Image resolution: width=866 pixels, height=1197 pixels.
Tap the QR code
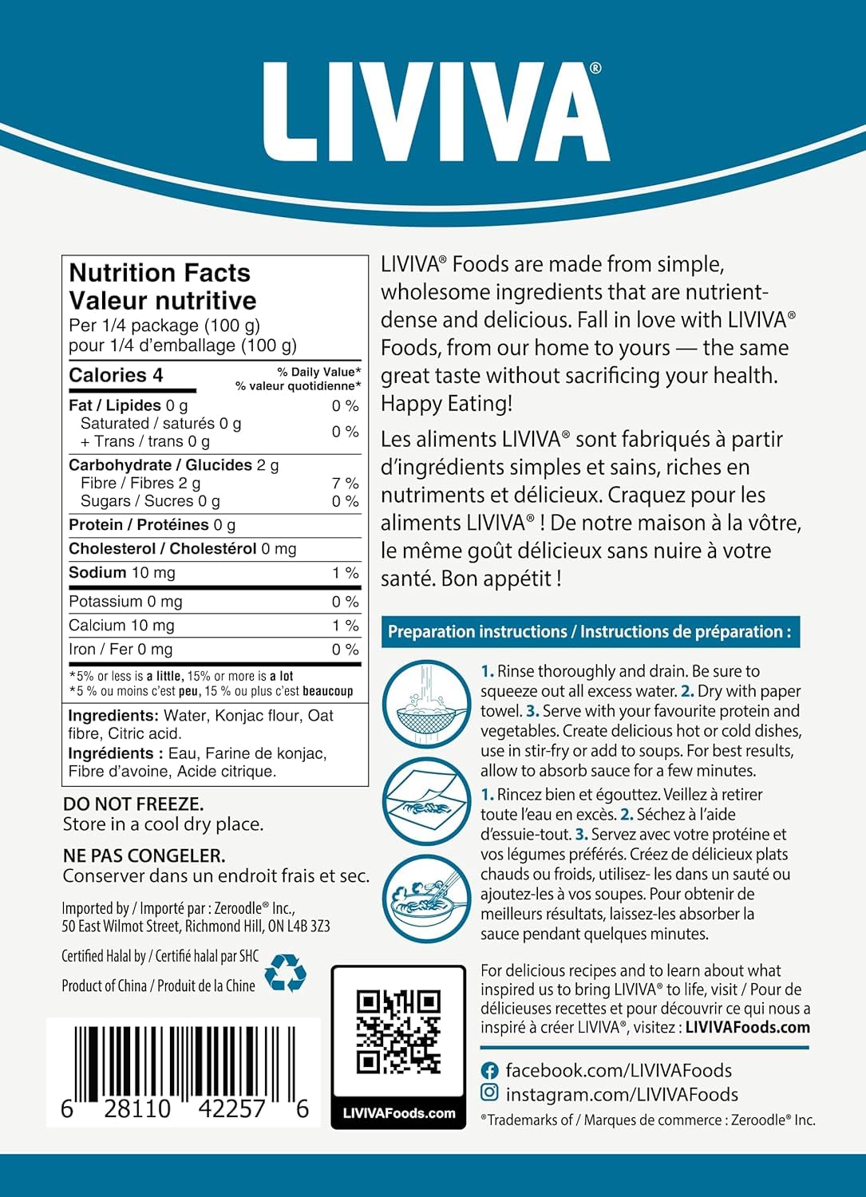pos(398,1032)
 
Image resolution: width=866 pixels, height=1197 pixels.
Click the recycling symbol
pos(285,973)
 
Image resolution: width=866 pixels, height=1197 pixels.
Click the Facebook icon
pos(490,1071)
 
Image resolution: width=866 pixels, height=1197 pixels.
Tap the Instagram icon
pos(490,1093)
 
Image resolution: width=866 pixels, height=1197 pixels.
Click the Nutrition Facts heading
pos(160,273)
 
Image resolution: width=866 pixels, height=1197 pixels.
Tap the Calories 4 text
pos(116,375)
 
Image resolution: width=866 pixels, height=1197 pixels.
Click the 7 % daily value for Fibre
pos(346,484)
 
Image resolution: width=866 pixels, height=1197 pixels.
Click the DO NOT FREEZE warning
pos(133,804)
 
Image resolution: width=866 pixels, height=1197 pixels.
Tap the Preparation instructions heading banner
pos(590,632)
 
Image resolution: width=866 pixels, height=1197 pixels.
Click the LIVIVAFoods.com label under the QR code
pos(398,1113)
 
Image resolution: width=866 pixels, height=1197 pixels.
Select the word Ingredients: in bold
pos(113,716)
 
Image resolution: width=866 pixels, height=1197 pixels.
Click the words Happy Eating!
pos(447,404)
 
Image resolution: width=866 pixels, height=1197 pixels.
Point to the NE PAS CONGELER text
pos(144,855)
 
